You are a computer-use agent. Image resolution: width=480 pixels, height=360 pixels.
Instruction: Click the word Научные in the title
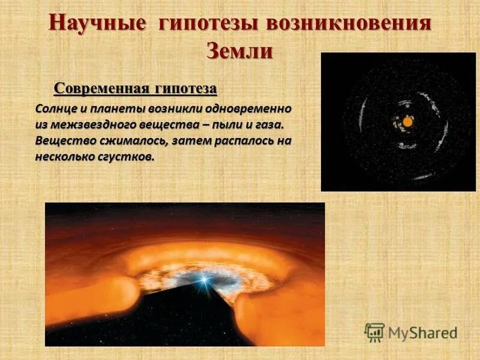point(97,23)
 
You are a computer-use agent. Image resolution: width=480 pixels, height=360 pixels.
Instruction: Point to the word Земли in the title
point(240,50)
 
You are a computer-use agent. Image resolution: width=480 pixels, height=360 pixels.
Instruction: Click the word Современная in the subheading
point(101,89)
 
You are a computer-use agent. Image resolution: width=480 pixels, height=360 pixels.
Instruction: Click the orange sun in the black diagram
point(407,122)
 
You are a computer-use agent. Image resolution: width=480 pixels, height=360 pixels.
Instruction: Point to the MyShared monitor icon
point(374,332)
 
